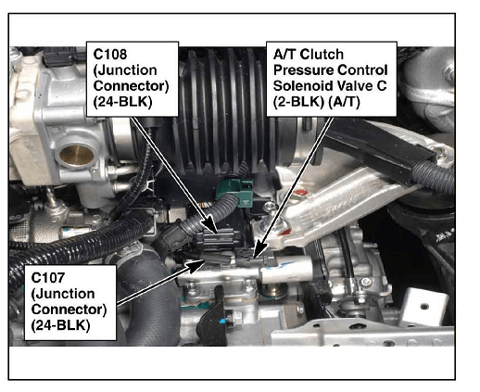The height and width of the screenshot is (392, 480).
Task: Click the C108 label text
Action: [110, 55]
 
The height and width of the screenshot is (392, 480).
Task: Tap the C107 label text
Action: [48, 278]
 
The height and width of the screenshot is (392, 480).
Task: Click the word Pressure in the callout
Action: [301, 70]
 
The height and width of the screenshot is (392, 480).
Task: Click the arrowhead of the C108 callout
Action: [211, 227]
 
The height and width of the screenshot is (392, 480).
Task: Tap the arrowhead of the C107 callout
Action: [196, 265]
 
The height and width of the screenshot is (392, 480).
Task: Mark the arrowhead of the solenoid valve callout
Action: [259, 249]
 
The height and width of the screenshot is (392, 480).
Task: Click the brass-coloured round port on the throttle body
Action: [76, 155]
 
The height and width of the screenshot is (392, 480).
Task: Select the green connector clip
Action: [235, 194]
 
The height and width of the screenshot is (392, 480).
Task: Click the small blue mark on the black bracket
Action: [222, 322]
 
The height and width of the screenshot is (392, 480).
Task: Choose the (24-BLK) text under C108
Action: [122, 102]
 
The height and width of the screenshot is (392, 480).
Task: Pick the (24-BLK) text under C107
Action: [60, 325]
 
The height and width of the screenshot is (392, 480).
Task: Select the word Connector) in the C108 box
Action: [131, 86]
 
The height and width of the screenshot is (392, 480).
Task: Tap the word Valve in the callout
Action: [352, 86]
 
